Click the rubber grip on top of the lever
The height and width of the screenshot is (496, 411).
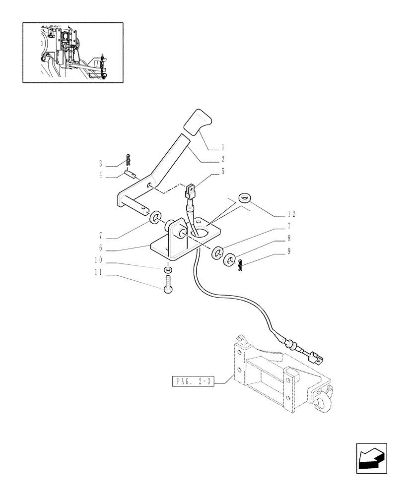pos(197,122)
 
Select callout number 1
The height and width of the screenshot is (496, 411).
pos(223,147)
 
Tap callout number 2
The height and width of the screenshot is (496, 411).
pos(223,160)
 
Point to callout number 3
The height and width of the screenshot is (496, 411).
pos(101,163)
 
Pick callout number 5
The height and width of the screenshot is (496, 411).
pos(223,172)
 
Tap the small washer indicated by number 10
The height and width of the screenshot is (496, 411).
pos(168,269)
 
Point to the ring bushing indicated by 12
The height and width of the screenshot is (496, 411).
pos(244,198)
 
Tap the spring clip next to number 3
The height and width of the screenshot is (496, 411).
pos(128,159)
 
